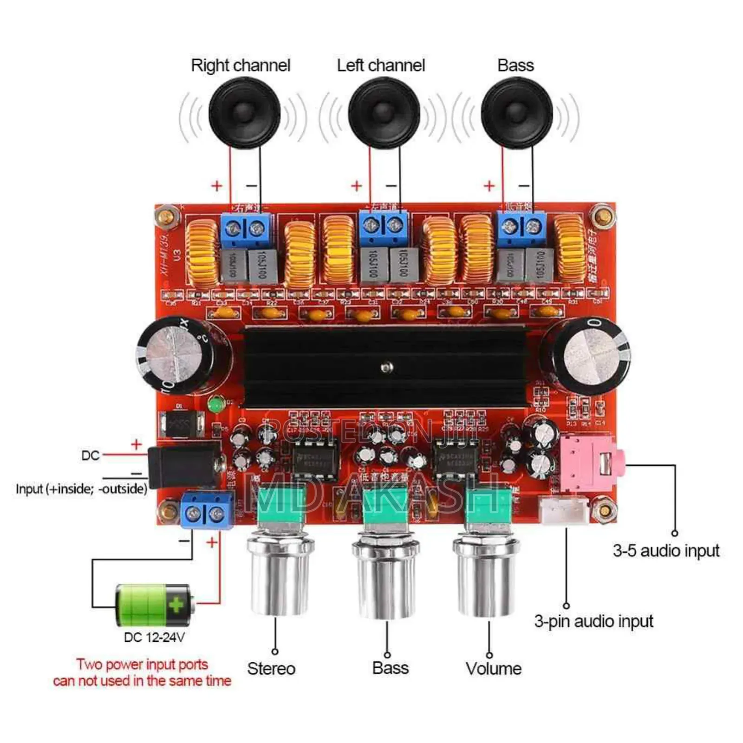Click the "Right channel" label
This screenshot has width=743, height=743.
tap(241, 65)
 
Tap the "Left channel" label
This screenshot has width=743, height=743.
tap(381, 65)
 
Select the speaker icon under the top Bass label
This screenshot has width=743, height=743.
tap(517, 113)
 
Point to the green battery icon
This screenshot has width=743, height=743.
tap(153, 605)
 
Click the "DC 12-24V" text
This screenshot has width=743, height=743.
tap(154, 637)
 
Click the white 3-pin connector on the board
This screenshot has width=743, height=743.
tap(563, 508)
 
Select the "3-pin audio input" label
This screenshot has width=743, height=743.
tap(593, 621)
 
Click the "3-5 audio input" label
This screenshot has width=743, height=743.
tap(666, 551)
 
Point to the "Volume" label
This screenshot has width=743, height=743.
tap(493, 669)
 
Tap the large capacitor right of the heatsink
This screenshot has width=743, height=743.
tap(586, 354)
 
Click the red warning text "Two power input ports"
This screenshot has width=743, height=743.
tap(142, 665)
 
